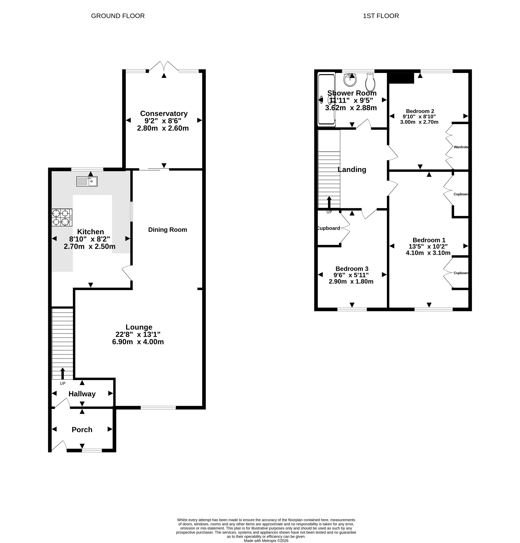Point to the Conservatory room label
(x=164, y=114)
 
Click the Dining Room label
(x=168, y=230)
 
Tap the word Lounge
(x=139, y=327)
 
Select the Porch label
(x=82, y=430)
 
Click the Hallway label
(x=82, y=394)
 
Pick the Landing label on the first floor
(x=352, y=170)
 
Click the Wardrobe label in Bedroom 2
(x=461, y=147)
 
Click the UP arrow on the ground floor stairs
(x=63, y=373)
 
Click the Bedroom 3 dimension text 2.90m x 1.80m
(x=351, y=282)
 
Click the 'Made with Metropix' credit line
(x=266, y=540)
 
